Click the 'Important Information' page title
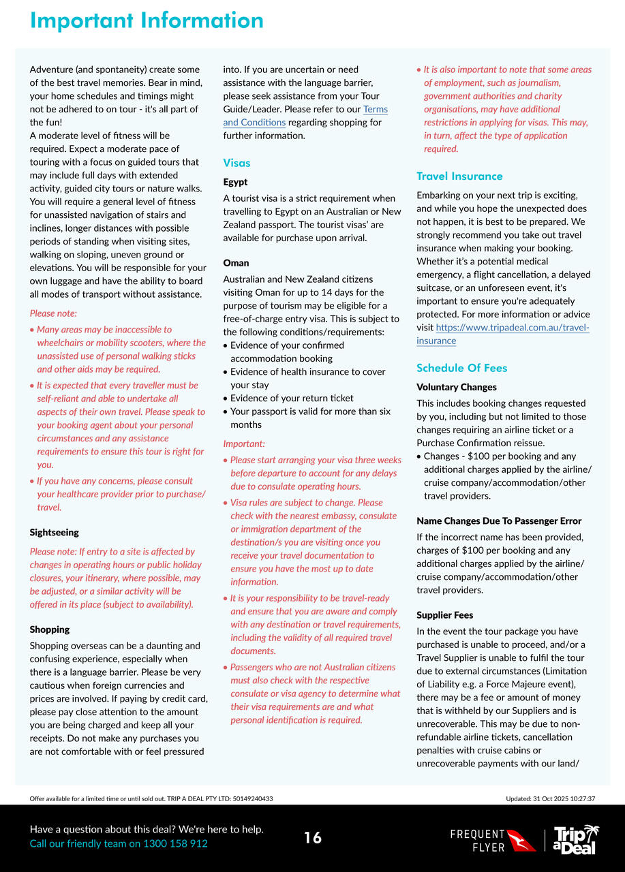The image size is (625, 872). coord(147,20)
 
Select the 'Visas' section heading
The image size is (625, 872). coord(237,163)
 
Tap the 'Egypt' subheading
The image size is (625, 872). coord(235,182)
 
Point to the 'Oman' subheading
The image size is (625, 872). coord(236,262)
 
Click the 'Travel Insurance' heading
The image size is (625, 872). coord(459,176)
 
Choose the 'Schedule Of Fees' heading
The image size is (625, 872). coord(461,368)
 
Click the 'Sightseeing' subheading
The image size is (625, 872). coord(54,532)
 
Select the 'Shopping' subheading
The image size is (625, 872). coord(50,629)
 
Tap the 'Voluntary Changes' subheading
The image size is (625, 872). coord(457,387)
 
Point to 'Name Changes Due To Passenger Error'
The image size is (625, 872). coord(499,520)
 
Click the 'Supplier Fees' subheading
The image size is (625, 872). coord(444,614)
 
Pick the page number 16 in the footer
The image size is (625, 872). coord(313,838)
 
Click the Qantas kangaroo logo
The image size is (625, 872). coord(521,839)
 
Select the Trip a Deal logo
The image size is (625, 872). coord(576,839)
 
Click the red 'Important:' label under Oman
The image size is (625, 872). coord(243,443)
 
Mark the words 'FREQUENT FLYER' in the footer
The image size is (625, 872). coord(478,841)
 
